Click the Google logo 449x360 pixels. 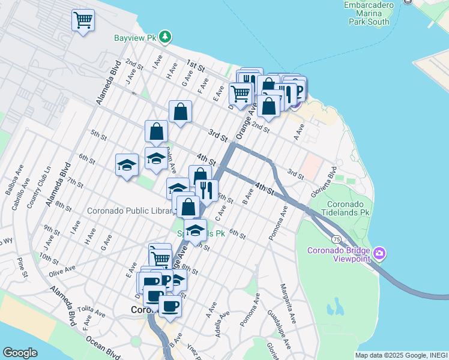click(20, 353)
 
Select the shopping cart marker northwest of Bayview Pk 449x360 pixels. click(83, 20)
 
